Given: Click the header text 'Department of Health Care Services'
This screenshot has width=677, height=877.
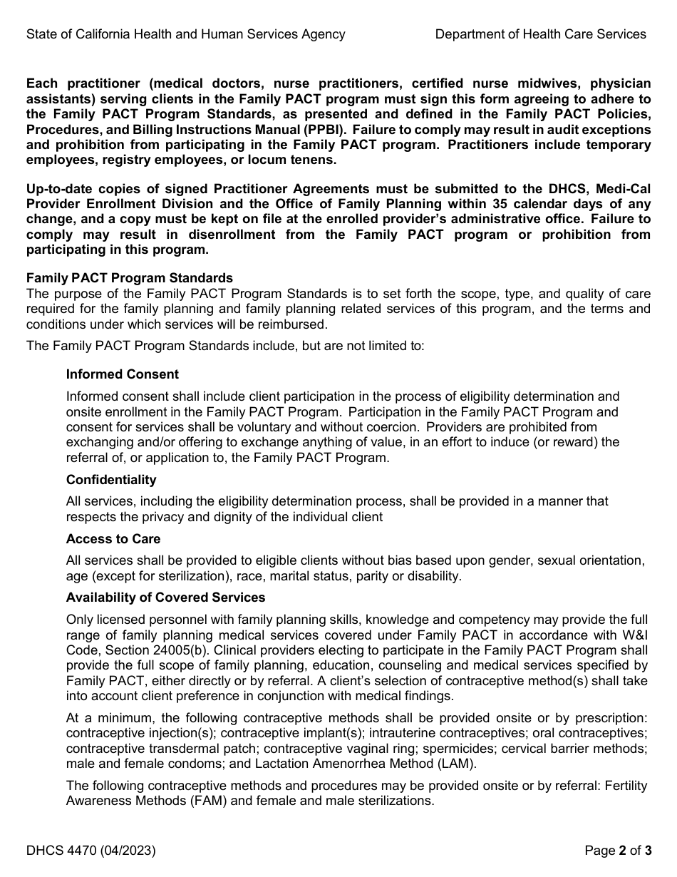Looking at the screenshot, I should tap(540, 34).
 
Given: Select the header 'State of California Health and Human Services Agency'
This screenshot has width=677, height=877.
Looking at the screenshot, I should tap(186, 34).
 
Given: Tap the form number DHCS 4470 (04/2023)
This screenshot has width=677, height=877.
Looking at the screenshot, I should tap(91, 850).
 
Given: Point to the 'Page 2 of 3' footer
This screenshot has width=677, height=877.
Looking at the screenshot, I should tap(617, 850).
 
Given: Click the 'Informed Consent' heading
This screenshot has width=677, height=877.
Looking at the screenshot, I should tap(122, 374).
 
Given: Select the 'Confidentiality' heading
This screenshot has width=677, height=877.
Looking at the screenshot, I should tap(111, 480).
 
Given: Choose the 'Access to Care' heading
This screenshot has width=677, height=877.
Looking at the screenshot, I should tap(113, 539).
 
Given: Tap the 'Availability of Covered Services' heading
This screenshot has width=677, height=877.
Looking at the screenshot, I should tap(165, 598).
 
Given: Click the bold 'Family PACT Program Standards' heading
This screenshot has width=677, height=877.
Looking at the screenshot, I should tap(130, 278).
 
